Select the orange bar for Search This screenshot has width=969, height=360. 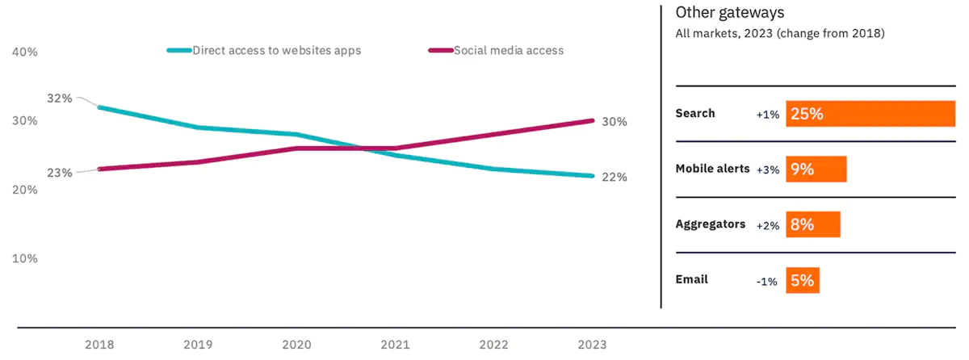coord(870,114)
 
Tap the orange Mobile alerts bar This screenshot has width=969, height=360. coord(816,170)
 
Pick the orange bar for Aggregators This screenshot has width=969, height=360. coord(812,225)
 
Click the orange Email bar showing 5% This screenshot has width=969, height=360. coord(802,281)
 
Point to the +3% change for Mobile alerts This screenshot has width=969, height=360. coord(767,170)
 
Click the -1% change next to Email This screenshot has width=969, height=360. coord(767,282)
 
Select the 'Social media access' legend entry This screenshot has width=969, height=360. coord(508,50)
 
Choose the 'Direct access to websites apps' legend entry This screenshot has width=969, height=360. coord(276,50)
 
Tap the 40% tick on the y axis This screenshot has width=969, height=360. coord(25,52)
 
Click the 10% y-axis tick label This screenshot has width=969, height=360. coord(25,259)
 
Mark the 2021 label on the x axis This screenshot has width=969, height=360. coord(396,345)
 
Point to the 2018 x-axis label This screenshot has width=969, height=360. coord(99,345)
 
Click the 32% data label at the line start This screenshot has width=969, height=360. coord(60,98)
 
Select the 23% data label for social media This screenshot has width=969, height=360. coord(60,173)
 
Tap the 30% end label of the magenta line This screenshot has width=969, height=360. coord(615,122)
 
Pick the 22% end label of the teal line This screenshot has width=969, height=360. coord(615,178)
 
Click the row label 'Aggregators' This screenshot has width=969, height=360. coord(710,224)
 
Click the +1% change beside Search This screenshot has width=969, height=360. coord(767,115)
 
